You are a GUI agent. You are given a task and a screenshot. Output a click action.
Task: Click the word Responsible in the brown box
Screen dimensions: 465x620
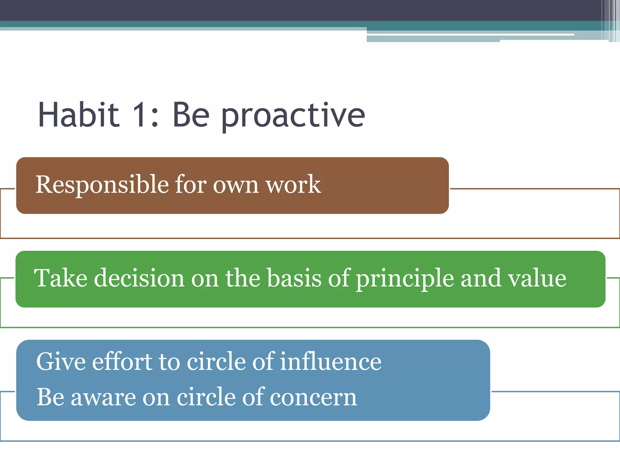pyautogui.click(x=102, y=185)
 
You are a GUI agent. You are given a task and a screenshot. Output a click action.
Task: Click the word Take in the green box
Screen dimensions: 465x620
pyautogui.click(x=61, y=278)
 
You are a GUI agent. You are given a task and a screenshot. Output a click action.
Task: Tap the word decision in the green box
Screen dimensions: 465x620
pyautogui.click(x=139, y=278)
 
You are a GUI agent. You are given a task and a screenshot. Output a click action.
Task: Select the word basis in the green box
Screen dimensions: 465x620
pyautogui.click(x=294, y=278)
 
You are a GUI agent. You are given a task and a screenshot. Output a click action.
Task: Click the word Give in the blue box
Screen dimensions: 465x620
pyautogui.click(x=61, y=361)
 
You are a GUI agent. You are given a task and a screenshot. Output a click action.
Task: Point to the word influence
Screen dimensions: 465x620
pyautogui.click(x=331, y=361)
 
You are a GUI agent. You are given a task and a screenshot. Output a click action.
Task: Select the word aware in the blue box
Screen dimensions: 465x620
pyautogui.click(x=103, y=397)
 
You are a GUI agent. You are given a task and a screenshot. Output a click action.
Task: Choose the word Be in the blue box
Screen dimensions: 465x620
pyautogui.click(x=50, y=397)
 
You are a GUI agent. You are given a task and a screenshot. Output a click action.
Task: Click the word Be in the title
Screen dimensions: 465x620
pyautogui.click(x=191, y=115)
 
